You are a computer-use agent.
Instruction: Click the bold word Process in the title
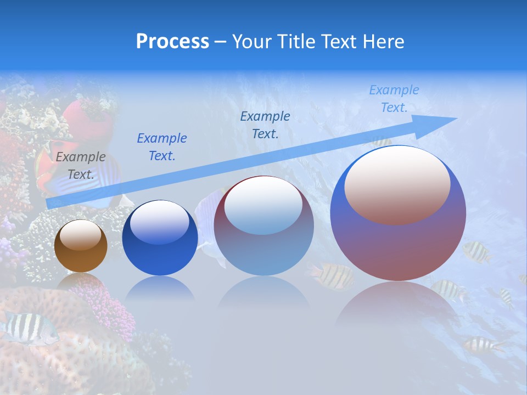172,41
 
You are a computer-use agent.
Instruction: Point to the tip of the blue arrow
456,119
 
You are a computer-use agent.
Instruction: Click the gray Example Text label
80,166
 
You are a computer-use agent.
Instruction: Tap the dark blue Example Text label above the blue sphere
162,147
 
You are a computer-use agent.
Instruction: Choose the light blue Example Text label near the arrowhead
394,98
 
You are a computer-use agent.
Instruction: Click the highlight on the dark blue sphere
160,221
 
